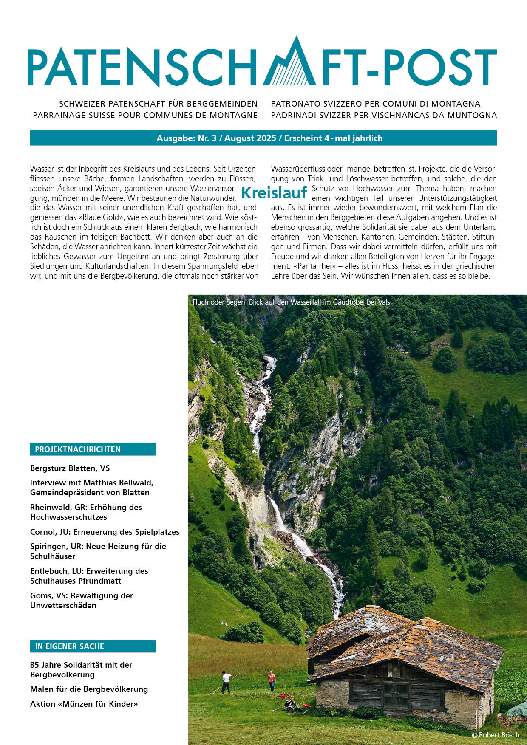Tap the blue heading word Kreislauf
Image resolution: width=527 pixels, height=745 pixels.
[x=274, y=193]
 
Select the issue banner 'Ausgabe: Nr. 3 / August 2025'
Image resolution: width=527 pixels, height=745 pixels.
[x=269, y=138]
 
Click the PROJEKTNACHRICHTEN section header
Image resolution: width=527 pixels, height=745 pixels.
[x=93, y=449]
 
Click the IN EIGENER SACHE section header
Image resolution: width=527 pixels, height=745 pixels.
[x=93, y=646]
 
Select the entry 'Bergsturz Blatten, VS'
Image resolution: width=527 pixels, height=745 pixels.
[x=70, y=468]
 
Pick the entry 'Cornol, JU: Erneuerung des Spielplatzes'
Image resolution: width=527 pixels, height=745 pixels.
[x=105, y=532]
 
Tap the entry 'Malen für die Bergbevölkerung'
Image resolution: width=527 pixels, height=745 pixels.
[x=89, y=689]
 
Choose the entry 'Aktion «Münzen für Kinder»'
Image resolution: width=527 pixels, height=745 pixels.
[x=84, y=704]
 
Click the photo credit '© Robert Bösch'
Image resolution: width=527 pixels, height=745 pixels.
[x=495, y=735]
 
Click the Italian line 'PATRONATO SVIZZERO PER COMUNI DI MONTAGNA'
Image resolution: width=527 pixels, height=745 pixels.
[x=376, y=104]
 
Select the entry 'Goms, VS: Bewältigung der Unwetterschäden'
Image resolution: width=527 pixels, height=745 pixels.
[x=82, y=601]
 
